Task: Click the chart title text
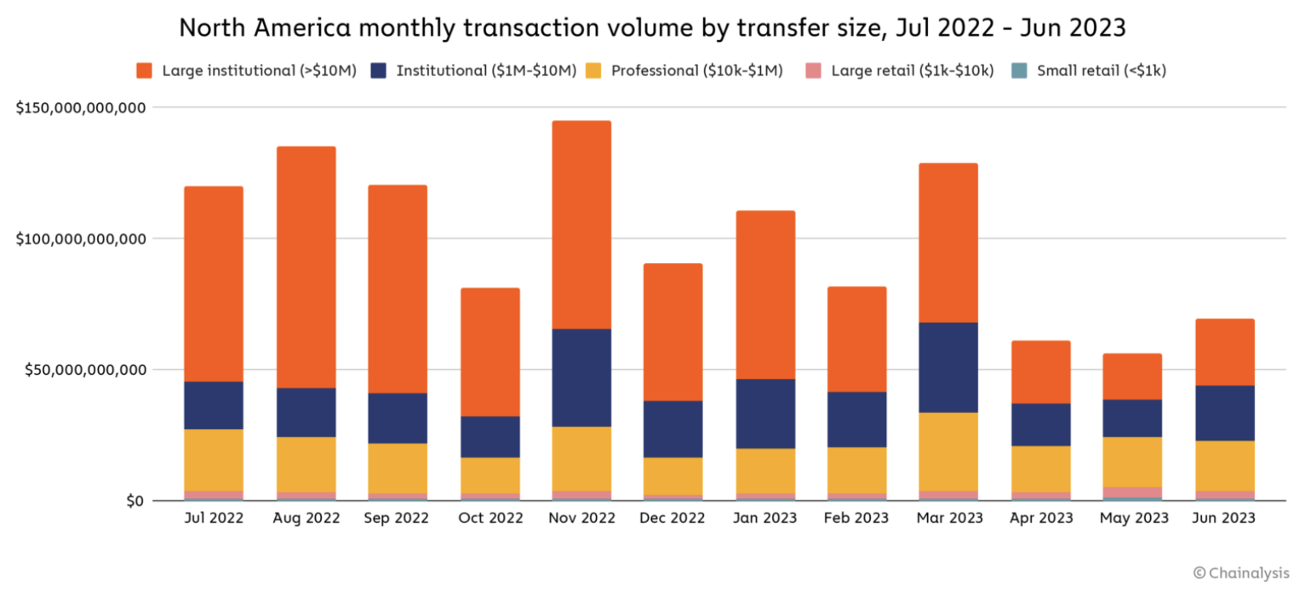point(652,27)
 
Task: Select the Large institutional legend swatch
point(144,71)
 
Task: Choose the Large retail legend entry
point(912,71)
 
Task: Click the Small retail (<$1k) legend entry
point(1101,71)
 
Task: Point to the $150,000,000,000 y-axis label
point(81,108)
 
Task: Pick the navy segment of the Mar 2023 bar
point(948,367)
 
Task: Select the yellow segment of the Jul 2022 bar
point(214,460)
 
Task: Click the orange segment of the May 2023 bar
point(1132,376)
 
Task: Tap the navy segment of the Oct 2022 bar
point(489,437)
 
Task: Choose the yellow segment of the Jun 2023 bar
point(1224,466)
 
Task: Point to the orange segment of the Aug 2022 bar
point(306,267)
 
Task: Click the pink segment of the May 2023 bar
point(1132,491)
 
